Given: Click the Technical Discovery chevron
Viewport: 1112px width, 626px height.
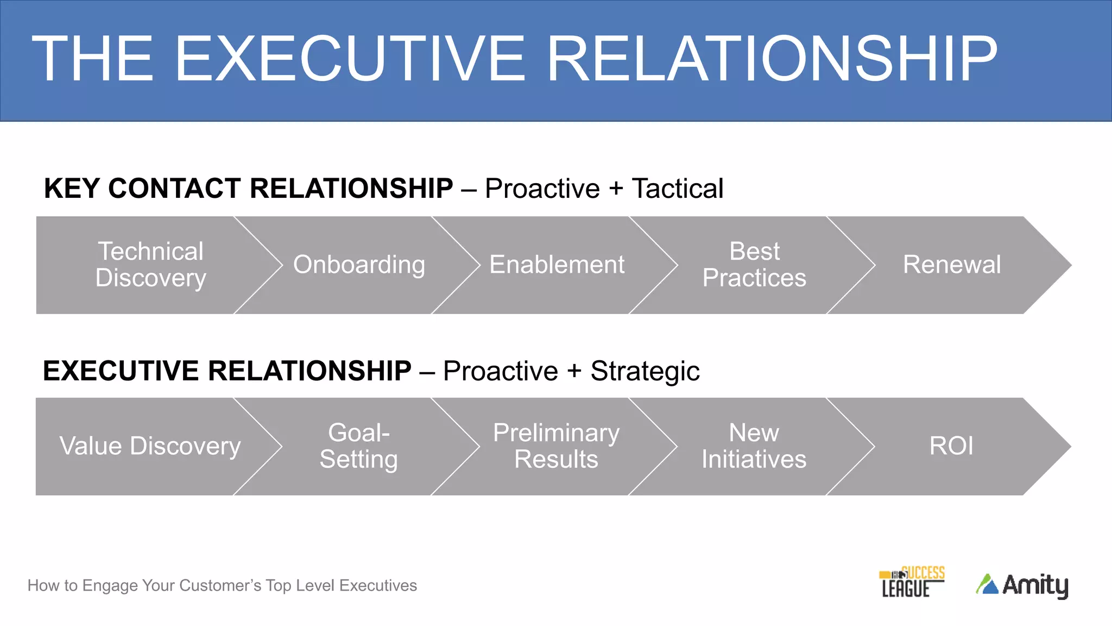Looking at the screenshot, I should [x=150, y=265].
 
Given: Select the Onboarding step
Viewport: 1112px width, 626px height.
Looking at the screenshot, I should [x=359, y=265].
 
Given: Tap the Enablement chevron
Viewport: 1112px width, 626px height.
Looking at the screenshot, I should [x=557, y=265].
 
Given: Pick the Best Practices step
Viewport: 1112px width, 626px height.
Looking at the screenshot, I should [x=754, y=265].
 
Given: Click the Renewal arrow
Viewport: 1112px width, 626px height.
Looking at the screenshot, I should [x=952, y=265].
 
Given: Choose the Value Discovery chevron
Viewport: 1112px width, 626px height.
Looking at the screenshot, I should [x=150, y=446].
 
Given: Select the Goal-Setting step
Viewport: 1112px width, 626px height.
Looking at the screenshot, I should [x=359, y=446].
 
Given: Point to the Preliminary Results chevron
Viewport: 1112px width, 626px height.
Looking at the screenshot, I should [x=556, y=446].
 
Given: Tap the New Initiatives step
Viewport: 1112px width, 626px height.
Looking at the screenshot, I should [x=754, y=446].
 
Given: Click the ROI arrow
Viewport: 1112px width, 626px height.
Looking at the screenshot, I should [x=951, y=446].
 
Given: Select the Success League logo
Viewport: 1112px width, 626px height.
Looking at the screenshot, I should [x=912, y=582].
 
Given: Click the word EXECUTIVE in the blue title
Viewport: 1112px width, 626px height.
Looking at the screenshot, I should [x=350, y=59].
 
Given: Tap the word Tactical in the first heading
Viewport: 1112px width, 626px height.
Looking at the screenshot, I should [x=677, y=189].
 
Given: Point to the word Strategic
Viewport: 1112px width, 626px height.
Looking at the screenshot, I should [x=645, y=372].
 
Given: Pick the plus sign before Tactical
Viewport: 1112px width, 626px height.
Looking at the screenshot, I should [x=616, y=189].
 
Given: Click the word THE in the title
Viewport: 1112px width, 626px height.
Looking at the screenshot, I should [x=93, y=59].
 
